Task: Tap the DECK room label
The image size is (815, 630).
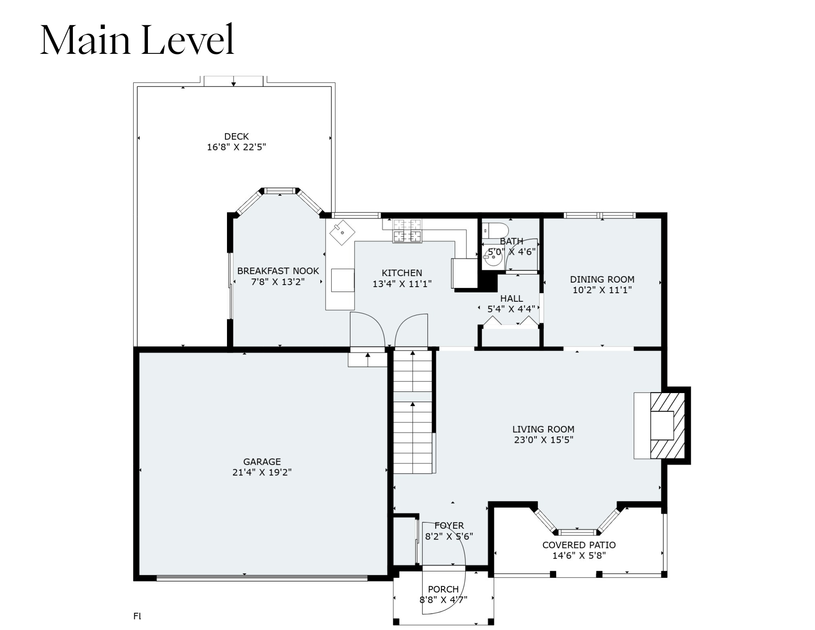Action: (236, 136)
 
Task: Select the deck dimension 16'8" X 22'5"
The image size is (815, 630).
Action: (236, 147)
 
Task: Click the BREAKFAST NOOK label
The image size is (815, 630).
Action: (278, 271)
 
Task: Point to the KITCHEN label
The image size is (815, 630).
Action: (402, 273)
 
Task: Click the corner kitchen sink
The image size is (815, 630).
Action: (342, 232)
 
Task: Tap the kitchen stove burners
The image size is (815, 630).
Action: (407, 231)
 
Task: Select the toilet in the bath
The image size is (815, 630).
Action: (495, 230)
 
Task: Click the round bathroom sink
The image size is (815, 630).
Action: (493, 257)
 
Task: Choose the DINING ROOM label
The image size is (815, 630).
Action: (602, 279)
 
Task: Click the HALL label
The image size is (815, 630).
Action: (511, 298)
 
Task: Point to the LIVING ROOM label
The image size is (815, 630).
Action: (543, 429)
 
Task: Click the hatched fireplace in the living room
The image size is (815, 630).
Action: (667, 426)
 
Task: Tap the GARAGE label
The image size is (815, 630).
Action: (262, 462)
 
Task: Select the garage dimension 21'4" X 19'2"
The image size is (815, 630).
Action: (262, 472)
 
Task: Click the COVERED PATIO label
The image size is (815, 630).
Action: (579, 545)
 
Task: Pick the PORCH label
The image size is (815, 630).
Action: (443, 589)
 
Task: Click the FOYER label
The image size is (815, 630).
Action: (449, 526)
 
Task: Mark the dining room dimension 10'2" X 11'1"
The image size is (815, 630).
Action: (602, 290)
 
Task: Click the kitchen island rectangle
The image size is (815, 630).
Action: (343, 280)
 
